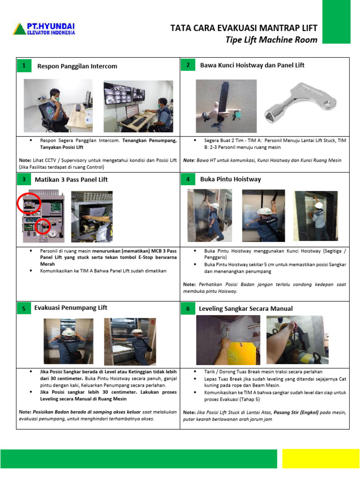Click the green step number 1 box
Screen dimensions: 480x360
pos(23,66)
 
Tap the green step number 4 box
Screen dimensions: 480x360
pos(187,179)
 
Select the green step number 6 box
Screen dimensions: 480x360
pos(187,308)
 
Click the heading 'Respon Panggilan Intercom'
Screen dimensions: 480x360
pos(77,66)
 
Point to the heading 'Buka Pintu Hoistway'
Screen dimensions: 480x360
pos(231,179)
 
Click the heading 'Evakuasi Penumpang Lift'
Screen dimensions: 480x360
pos(71,307)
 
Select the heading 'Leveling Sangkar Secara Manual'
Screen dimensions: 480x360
pos(246,308)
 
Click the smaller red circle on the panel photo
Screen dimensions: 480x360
pos(43,226)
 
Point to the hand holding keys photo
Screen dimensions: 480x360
pos(226,105)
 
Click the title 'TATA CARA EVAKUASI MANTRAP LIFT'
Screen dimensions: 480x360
pos(244,29)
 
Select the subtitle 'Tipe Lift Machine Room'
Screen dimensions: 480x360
pos(271,40)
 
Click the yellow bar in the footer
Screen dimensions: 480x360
pos(321,458)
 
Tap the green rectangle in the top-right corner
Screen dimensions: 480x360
pos(337,22)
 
